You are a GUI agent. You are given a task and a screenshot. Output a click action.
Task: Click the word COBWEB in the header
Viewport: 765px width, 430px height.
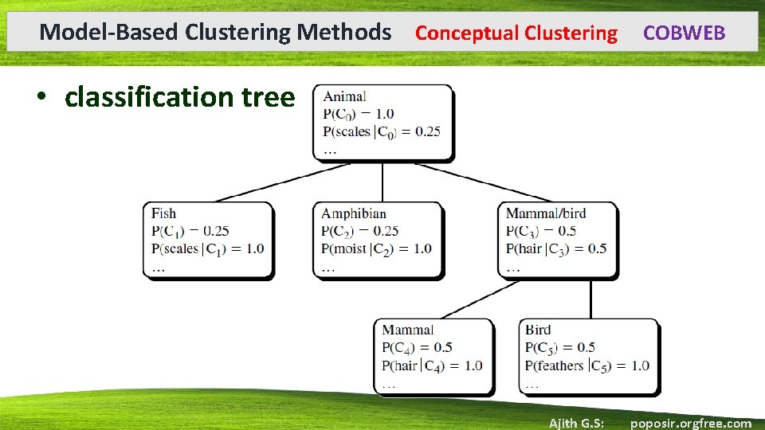click(x=684, y=33)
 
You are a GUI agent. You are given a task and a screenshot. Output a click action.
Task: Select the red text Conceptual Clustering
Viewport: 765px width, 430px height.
click(x=516, y=33)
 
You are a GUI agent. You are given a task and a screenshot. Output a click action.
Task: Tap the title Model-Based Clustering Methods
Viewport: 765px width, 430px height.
click(x=215, y=32)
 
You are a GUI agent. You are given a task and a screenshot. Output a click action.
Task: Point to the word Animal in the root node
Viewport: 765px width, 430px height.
click(x=345, y=96)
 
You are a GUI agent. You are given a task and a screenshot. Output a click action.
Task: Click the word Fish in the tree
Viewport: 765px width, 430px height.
click(x=163, y=213)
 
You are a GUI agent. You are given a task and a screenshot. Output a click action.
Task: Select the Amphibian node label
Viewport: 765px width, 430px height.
click(x=353, y=213)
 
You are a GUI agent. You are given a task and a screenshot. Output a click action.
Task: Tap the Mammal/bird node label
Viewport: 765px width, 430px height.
click(x=545, y=213)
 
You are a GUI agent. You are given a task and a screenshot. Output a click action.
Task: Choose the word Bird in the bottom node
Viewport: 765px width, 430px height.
click(x=538, y=329)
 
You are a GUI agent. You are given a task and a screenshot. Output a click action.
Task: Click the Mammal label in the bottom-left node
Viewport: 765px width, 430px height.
click(x=407, y=329)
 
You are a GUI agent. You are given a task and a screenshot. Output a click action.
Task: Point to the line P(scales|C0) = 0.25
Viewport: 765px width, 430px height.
click(x=382, y=132)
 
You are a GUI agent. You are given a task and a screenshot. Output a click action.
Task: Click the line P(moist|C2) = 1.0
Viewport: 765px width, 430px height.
click(x=375, y=248)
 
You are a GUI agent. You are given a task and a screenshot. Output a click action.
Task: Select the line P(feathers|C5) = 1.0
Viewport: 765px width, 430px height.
click(x=586, y=365)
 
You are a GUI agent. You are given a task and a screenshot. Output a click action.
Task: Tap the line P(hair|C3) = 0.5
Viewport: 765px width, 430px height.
click(x=555, y=248)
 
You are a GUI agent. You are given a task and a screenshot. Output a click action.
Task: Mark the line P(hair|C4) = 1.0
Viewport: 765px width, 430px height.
click(x=432, y=365)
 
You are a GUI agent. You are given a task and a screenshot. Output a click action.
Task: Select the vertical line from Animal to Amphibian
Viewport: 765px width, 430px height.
click(x=382, y=182)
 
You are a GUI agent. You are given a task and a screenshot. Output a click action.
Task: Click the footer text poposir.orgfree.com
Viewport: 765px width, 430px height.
click(x=690, y=423)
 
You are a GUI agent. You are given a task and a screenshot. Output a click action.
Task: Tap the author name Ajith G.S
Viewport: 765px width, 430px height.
click(x=576, y=423)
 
